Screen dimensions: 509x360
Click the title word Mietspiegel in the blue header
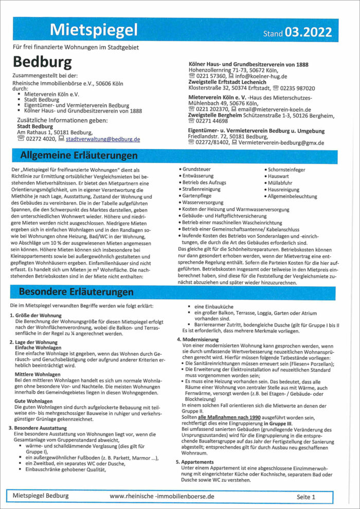pyautogui.click(x=94, y=30)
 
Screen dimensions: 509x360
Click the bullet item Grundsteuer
pyautogui.click(x=196, y=169)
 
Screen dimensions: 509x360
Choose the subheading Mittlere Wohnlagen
pyautogui.click(x=38, y=374)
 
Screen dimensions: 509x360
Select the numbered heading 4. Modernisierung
pyautogui.click(x=201, y=339)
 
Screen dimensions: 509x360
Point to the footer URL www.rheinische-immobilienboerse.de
pyautogui.click(x=162, y=497)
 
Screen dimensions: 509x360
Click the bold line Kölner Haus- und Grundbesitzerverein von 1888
pyautogui.click(x=248, y=64)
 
